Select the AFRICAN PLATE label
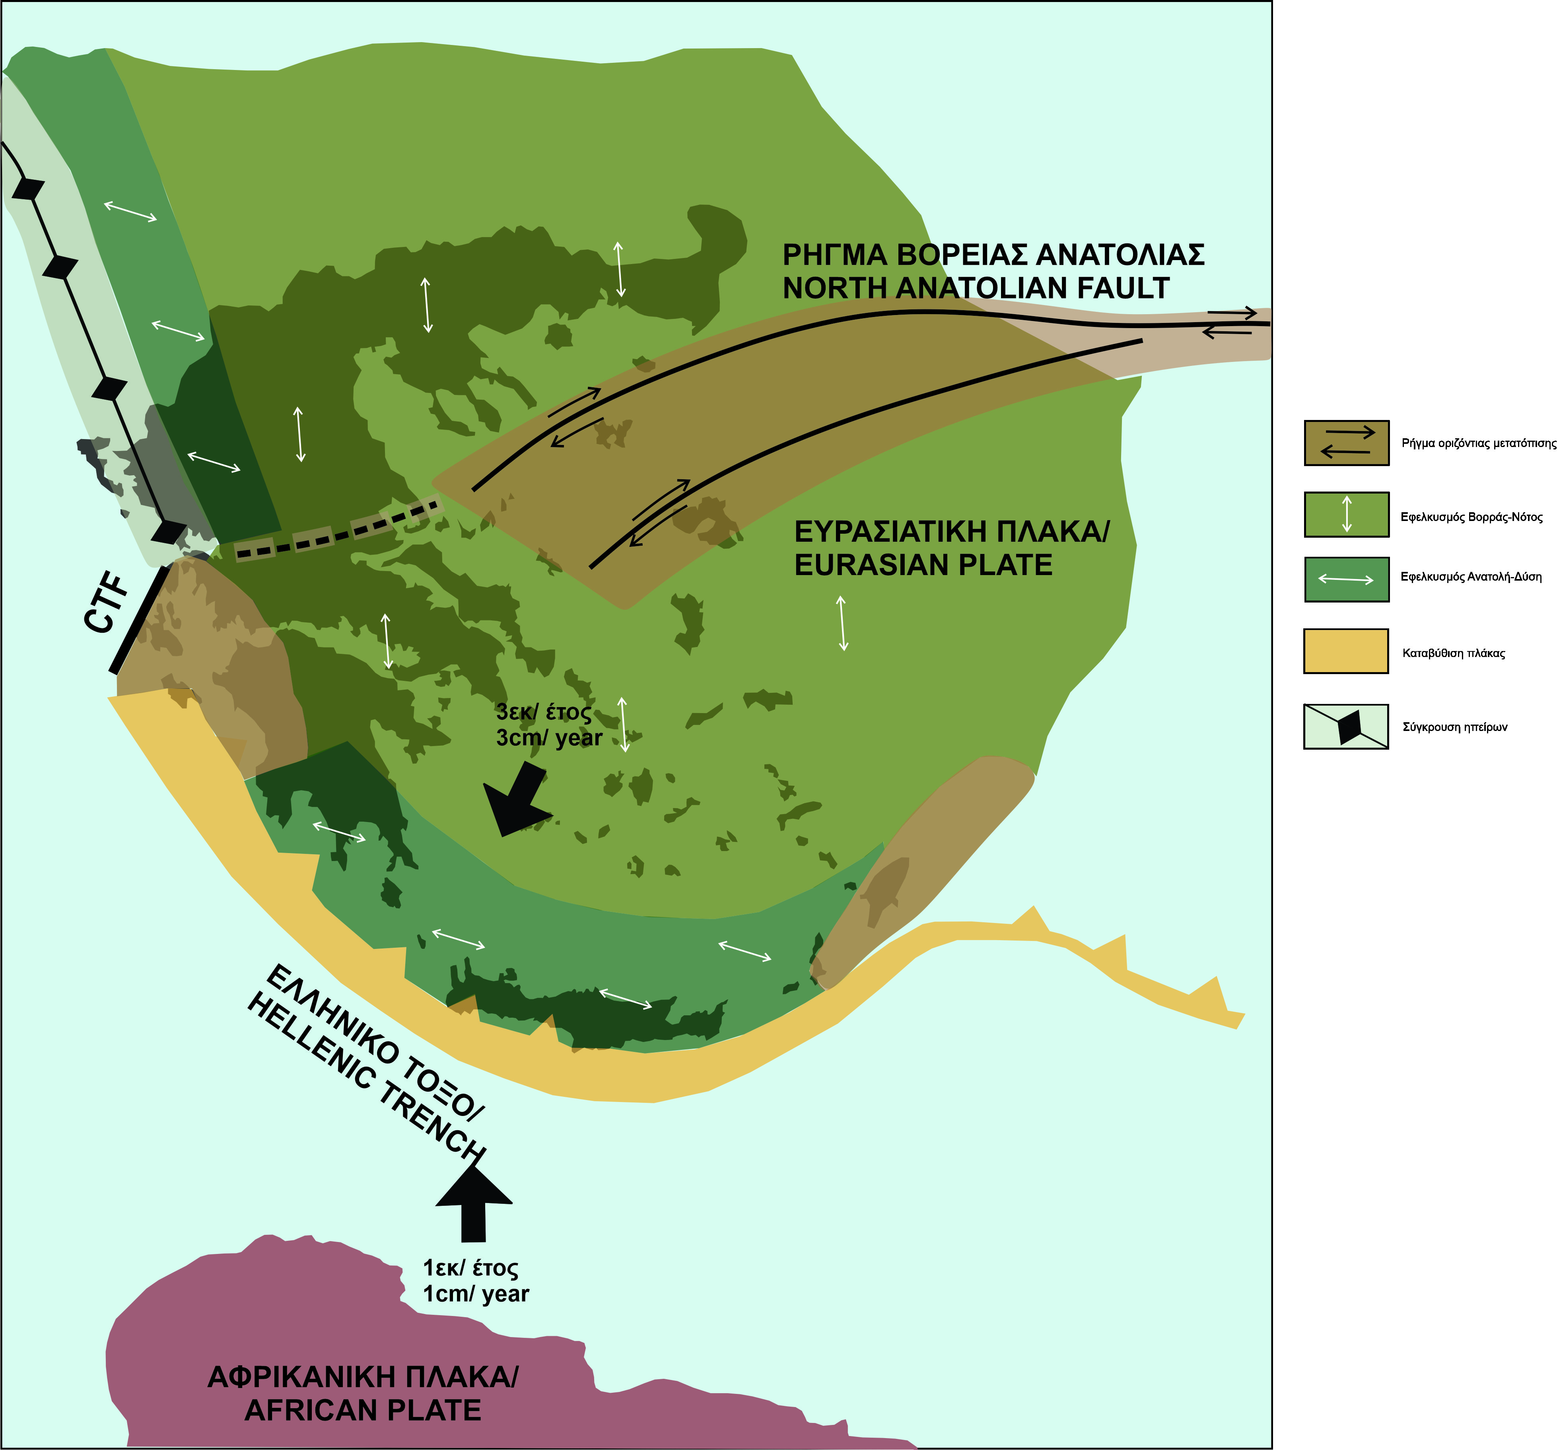click(363, 1410)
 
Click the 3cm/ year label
click(548, 738)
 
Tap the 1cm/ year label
click(475, 1294)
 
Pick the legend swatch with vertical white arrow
click(1346, 515)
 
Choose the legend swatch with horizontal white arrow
click(1346, 580)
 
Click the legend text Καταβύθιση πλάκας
click(1454, 653)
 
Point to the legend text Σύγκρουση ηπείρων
click(1454, 727)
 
